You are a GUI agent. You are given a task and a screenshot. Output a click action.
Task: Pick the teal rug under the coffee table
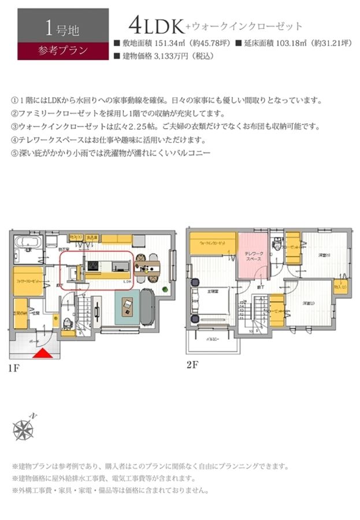pyautogui.click(x=128, y=306)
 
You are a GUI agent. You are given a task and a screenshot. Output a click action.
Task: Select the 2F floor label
pyautogui.click(x=192, y=365)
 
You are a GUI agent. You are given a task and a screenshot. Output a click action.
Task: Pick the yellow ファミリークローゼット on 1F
pyautogui.click(x=25, y=281)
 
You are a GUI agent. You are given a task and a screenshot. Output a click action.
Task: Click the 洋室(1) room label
pyautogui.click(x=324, y=255)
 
